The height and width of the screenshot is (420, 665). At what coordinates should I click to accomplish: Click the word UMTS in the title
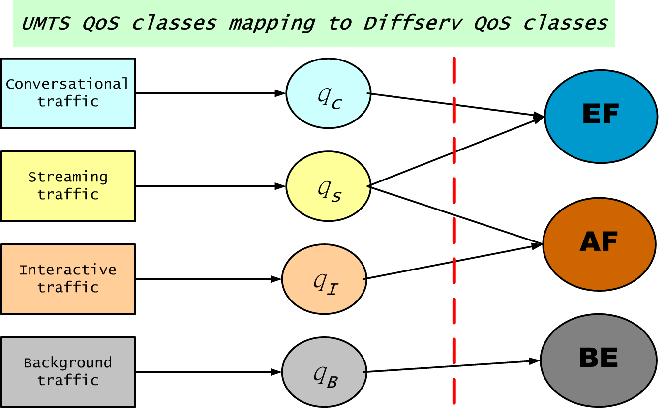46,24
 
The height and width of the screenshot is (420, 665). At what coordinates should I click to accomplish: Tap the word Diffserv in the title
413,23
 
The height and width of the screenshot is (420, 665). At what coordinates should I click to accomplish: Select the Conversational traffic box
68,93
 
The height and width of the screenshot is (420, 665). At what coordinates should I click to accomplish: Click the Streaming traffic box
68,186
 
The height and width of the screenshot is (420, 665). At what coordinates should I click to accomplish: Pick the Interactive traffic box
68,279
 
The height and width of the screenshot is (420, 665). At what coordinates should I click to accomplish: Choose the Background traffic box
68,372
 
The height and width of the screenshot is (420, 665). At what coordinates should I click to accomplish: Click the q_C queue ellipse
329,93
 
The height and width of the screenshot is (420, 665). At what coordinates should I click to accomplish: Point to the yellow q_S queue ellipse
329,186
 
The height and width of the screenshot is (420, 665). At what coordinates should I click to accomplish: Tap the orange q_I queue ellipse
324,279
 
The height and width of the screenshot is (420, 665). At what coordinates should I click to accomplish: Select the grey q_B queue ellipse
324,372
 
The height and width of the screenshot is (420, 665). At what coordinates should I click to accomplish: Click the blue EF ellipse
601,117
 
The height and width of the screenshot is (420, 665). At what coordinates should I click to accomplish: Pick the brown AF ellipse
600,244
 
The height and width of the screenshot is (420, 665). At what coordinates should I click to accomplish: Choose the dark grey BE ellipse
599,360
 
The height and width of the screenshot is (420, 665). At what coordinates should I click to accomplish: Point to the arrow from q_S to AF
455,215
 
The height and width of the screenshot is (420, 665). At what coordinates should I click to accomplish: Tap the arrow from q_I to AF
453,262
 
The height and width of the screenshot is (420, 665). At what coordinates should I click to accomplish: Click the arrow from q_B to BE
451,366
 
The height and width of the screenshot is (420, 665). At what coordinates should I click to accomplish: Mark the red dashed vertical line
454,231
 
